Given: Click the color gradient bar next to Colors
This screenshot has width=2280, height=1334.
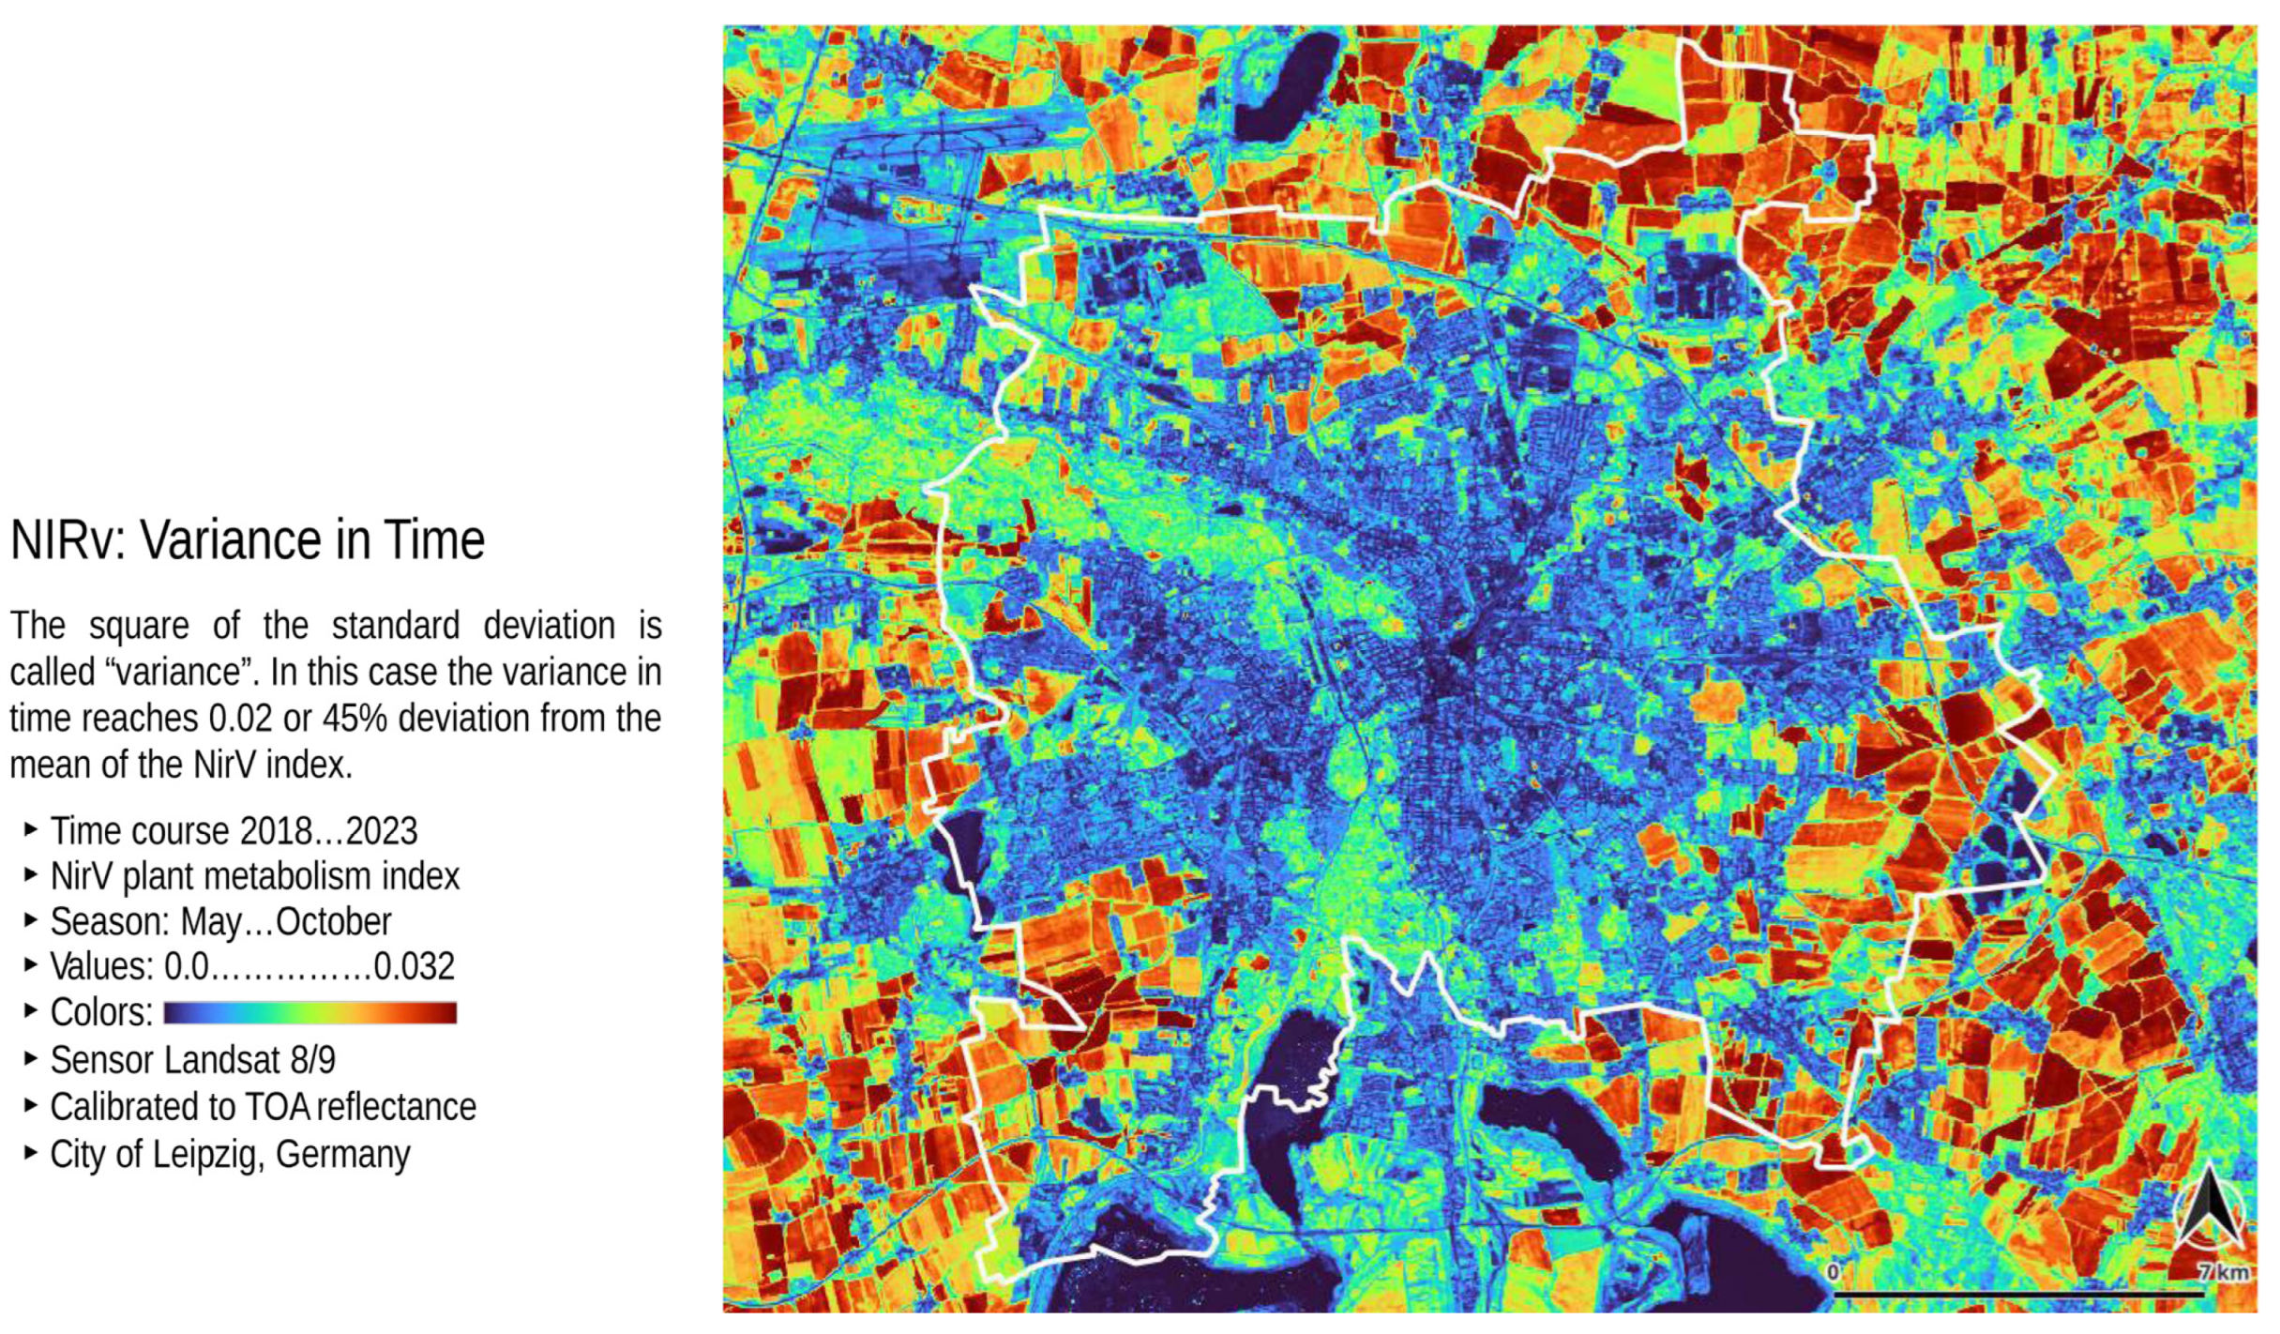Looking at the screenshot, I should click(310, 1013).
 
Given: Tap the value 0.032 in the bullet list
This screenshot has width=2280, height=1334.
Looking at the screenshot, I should click(414, 967).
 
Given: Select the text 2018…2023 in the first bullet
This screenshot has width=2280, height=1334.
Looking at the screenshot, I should click(328, 832).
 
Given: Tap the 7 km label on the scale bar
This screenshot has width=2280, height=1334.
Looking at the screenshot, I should click(2224, 1273).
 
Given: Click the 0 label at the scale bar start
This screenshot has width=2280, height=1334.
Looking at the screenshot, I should click(1833, 1272).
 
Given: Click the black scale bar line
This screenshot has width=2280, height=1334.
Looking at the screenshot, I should click(2016, 1296).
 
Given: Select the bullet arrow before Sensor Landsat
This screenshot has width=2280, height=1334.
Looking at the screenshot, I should click(31, 1058).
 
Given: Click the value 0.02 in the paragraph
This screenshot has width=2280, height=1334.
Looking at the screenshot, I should click(240, 720).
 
